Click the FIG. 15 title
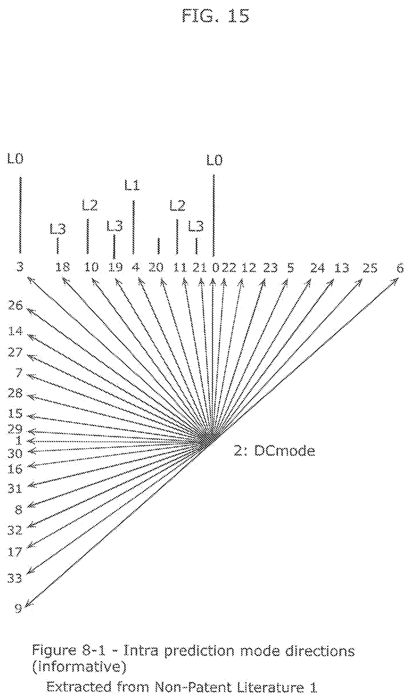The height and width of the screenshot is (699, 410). coord(216,16)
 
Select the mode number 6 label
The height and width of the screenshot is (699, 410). coord(400,268)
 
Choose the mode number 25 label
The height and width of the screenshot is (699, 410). coord(370,268)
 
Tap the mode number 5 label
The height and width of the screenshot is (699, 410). coord(290,268)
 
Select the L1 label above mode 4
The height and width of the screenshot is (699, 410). coord(132,186)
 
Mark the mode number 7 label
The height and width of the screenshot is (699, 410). coord(19,372)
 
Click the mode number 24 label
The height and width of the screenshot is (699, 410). coord(317,268)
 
